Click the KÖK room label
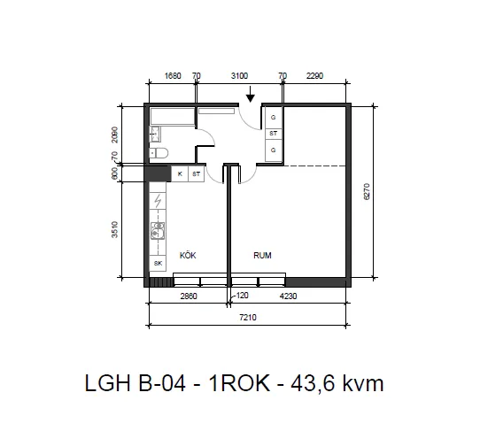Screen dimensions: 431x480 point(188,255)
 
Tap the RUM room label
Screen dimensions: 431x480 point(262,255)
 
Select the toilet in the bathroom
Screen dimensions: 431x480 point(159,154)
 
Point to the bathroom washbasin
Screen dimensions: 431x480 point(155,135)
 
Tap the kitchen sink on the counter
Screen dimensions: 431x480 point(159,232)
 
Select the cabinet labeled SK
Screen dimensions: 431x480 point(159,264)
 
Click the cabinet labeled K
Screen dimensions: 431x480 point(181,174)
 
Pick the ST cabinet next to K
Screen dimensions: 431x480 point(196,174)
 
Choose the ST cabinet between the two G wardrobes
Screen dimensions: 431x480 point(274,134)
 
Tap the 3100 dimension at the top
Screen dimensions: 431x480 point(239,76)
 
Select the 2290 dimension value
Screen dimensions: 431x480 point(315,76)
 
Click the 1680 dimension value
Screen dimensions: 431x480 point(173,76)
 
